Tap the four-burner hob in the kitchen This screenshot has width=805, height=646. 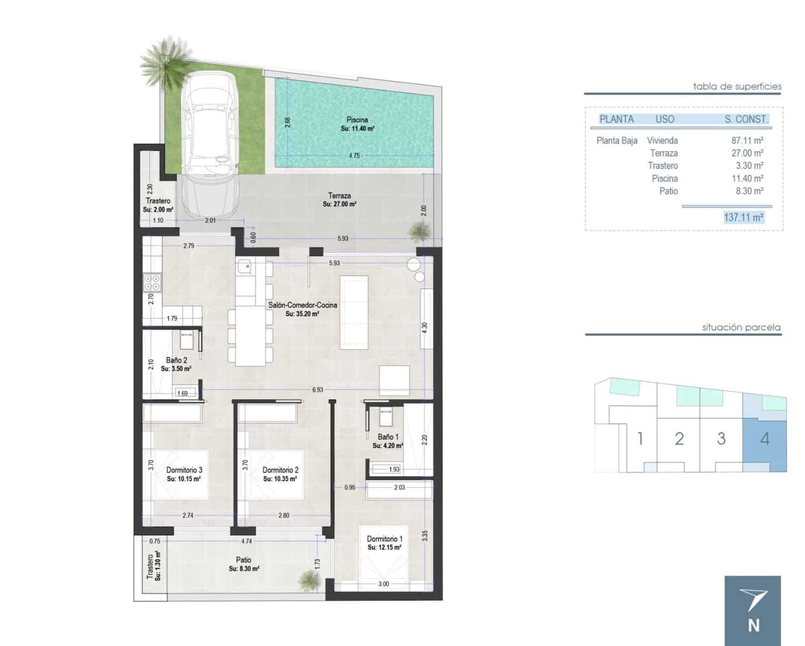(152, 283)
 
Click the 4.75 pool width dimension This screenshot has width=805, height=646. (354, 156)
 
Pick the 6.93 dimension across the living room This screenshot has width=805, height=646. (317, 389)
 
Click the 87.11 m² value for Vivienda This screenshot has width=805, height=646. (747, 141)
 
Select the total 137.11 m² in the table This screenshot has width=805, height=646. (744, 217)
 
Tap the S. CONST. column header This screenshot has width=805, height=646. (746, 120)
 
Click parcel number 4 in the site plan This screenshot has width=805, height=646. (765, 439)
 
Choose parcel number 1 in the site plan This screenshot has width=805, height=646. (640, 439)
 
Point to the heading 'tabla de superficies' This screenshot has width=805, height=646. (737, 86)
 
